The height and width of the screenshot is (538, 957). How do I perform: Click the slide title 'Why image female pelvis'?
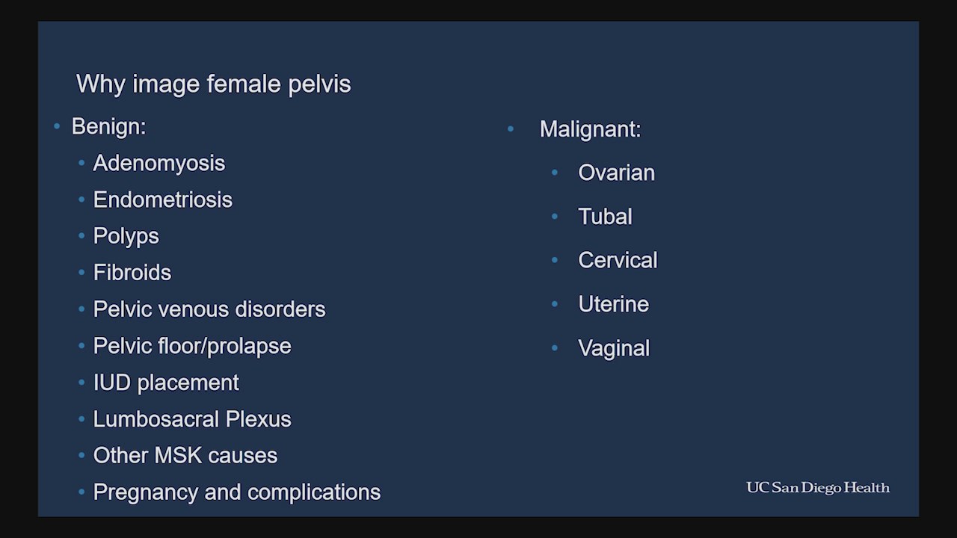[214, 84]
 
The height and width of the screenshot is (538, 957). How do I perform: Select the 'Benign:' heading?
[109, 127]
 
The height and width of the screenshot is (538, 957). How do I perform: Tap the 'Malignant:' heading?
[591, 129]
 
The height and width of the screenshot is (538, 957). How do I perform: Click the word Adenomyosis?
[159, 164]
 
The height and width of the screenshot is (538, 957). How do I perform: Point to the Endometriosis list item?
[163, 200]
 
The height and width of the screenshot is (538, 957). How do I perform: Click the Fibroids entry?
[132, 273]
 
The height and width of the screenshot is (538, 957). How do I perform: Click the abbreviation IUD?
[112, 383]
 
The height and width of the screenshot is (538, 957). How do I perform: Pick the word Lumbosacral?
[156, 419]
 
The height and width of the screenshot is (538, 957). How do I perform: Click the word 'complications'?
[314, 492]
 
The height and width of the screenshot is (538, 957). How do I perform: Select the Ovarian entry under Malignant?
[616, 173]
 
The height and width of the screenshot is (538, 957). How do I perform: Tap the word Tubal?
[605, 217]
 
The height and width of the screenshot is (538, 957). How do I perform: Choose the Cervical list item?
[618, 261]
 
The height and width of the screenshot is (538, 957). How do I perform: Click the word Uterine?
[614, 304]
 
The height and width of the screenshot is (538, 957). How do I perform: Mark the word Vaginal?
[614, 348]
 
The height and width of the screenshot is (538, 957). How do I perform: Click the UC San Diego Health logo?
[818, 488]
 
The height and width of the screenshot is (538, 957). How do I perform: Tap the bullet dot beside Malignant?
[511, 129]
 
